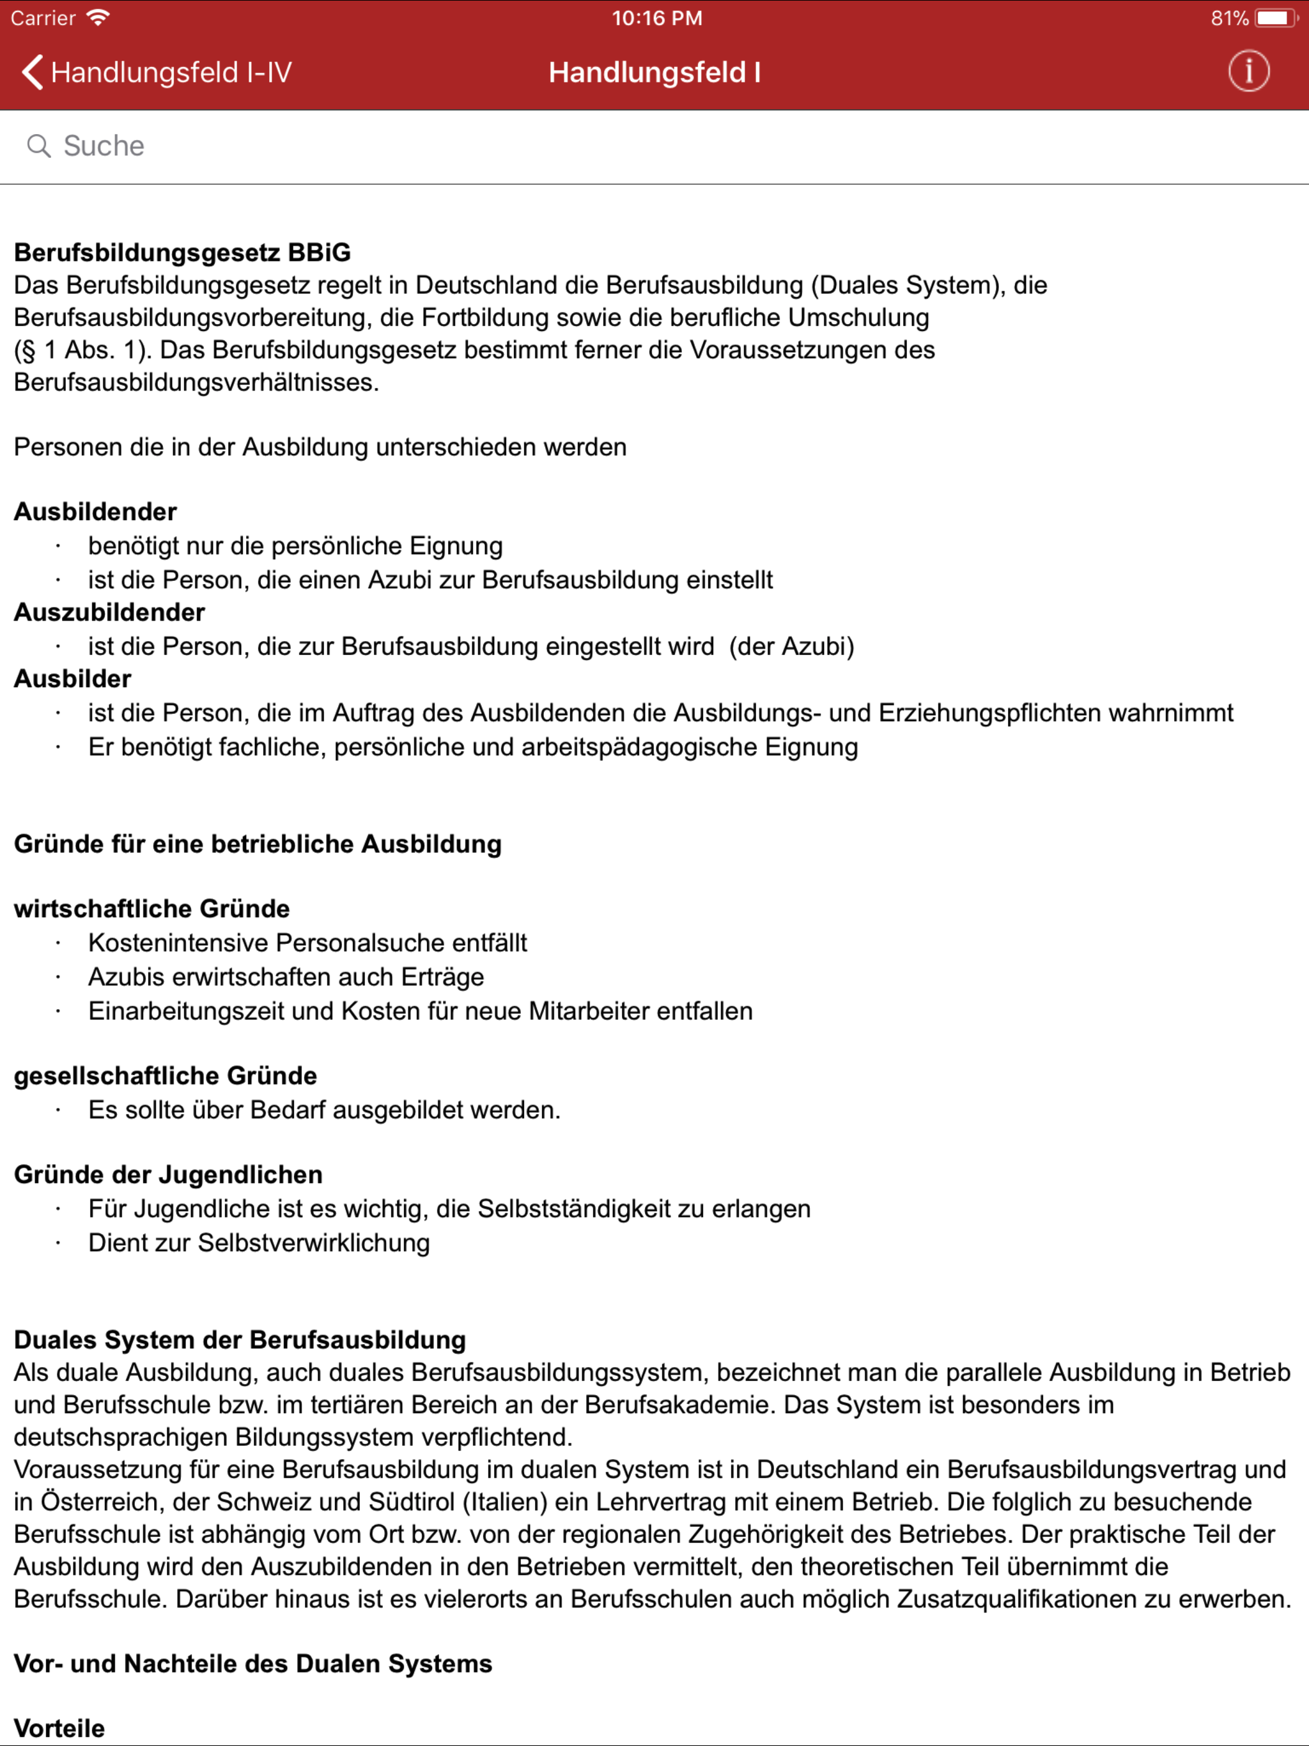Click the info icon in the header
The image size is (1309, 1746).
pos(1248,72)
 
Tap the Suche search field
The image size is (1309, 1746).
pos(654,146)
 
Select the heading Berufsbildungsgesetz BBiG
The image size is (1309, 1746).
pos(182,252)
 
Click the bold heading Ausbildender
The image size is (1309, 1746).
pos(95,511)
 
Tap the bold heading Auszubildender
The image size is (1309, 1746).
pos(110,612)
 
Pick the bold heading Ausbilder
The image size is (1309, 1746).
pos(73,679)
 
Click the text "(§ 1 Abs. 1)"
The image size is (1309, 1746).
pos(83,350)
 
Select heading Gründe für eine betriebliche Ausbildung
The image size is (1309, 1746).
pos(258,844)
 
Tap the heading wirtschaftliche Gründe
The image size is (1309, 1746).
pos(151,909)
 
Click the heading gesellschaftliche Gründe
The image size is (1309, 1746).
pos(165,1076)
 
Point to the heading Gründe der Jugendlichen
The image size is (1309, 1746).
pos(168,1175)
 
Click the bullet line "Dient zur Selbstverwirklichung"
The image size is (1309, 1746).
pos(259,1242)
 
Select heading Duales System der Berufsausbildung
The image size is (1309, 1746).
pos(240,1340)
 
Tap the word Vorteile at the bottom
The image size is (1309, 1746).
pos(59,1728)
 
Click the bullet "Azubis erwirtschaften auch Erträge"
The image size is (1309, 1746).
pos(286,977)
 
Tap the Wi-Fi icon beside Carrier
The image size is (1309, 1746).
pos(98,17)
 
